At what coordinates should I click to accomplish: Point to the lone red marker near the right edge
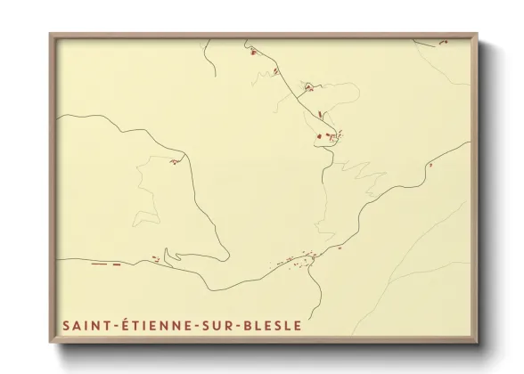pos(430,165)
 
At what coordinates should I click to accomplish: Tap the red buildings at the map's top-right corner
pos(440,39)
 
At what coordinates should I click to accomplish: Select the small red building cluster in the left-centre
pos(177,161)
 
